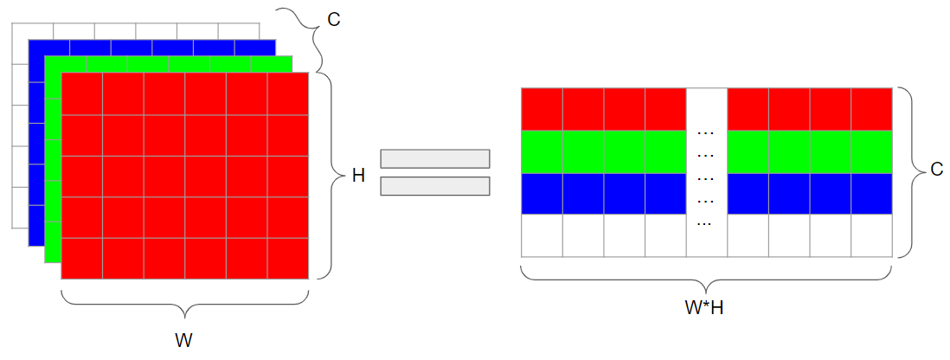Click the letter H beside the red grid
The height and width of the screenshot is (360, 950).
point(358,177)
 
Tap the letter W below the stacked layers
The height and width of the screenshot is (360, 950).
point(184,340)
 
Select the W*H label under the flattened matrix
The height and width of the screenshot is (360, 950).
point(705,308)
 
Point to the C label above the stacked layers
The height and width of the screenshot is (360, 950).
point(333,19)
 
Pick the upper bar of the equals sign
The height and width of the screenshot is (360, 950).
point(435,158)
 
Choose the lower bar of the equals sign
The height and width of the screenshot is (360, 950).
point(435,186)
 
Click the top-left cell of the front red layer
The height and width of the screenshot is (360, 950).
point(82,93)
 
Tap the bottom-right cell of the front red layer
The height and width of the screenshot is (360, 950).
point(288,259)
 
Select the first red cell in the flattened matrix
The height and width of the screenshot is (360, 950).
point(542,109)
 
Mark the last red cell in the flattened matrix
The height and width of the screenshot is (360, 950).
point(871,109)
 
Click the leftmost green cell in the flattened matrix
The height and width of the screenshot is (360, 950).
point(542,151)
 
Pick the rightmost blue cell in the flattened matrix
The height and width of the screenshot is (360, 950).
point(871,193)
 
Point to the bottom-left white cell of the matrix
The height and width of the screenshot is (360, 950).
point(542,235)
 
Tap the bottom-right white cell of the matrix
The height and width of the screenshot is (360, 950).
point(871,235)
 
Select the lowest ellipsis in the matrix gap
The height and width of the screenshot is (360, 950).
point(704,223)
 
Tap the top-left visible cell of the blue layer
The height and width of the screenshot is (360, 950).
point(49,48)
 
